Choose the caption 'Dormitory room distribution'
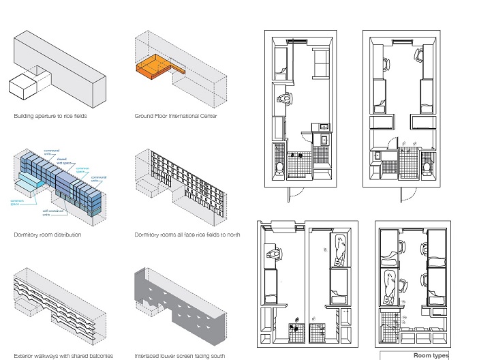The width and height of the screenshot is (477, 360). pyautogui.click(x=48, y=235)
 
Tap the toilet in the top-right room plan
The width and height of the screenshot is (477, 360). pyautogui.click(x=427, y=166)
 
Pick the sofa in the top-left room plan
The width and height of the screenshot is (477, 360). pyautogui.click(x=320, y=65)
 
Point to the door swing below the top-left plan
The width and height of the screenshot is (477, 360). pyautogui.click(x=294, y=193)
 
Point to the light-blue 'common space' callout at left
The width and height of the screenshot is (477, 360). pyautogui.click(x=18, y=202)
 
